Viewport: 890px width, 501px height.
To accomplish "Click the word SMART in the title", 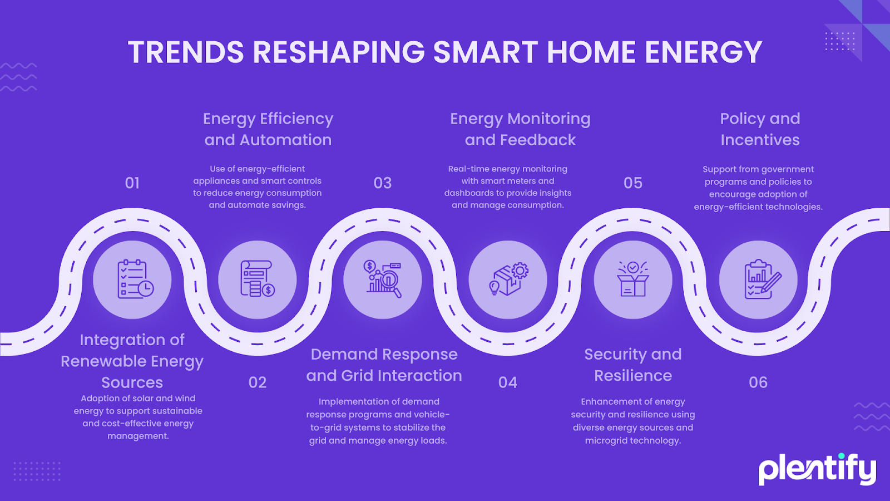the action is (x=485, y=52).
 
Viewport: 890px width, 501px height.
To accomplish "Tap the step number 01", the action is (x=132, y=183).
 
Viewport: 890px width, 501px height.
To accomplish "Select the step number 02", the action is (x=258, y=382).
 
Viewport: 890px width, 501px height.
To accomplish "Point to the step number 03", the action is (x=383, y=183).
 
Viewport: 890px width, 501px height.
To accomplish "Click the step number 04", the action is (x=508, y=382).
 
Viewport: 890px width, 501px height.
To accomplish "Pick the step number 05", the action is (x=633, y=183).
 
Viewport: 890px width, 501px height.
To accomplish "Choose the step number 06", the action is (x=758, y=382).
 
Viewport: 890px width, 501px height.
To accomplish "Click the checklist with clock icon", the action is (x=136, y=279).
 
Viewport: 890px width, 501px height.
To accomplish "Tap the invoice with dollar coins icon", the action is (x=258, y=279).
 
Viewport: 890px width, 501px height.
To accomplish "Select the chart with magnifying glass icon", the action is (x=383, y=279).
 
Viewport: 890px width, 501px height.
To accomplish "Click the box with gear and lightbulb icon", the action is (x=508, y=279).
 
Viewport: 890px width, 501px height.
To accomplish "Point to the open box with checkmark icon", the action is (x=633, y=279).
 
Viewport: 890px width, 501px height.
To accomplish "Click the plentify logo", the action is (x=817, y=470).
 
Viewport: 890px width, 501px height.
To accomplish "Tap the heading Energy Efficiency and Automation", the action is (x=268, y=129).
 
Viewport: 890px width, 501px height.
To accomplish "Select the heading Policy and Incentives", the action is (x=760, y=129).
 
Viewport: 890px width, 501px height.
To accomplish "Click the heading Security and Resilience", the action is (x=633, y=365).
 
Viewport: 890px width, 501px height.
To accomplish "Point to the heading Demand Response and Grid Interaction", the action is (x=384, y=365).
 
